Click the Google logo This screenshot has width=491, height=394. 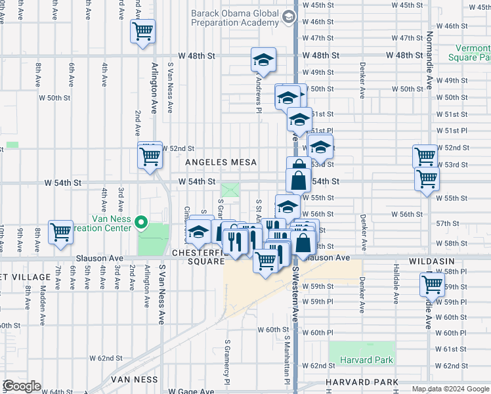click(22, 387)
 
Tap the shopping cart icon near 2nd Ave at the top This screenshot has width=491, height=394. click(142, 31)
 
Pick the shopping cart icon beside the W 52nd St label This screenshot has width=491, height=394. click(150, 156)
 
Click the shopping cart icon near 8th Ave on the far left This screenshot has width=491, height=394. click(60, 231)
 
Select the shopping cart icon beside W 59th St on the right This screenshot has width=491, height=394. click(433, 285)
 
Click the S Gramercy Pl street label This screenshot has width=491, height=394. click(226, 362)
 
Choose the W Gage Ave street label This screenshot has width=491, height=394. click(190, 391)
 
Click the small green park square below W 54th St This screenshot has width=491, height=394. click(230, 190)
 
